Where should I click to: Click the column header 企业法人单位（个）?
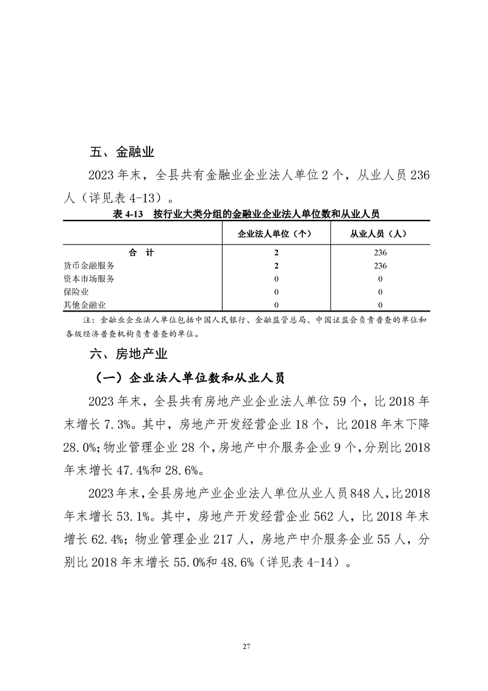click(276, 234)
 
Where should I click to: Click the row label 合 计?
click(141, 253)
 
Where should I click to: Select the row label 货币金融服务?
click(89, 265)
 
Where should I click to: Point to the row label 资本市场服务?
click(89, 278)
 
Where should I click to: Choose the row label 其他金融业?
click(85, 304)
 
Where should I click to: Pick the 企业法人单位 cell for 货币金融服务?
click(276, 265)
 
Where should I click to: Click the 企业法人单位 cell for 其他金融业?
click(276, 304)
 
